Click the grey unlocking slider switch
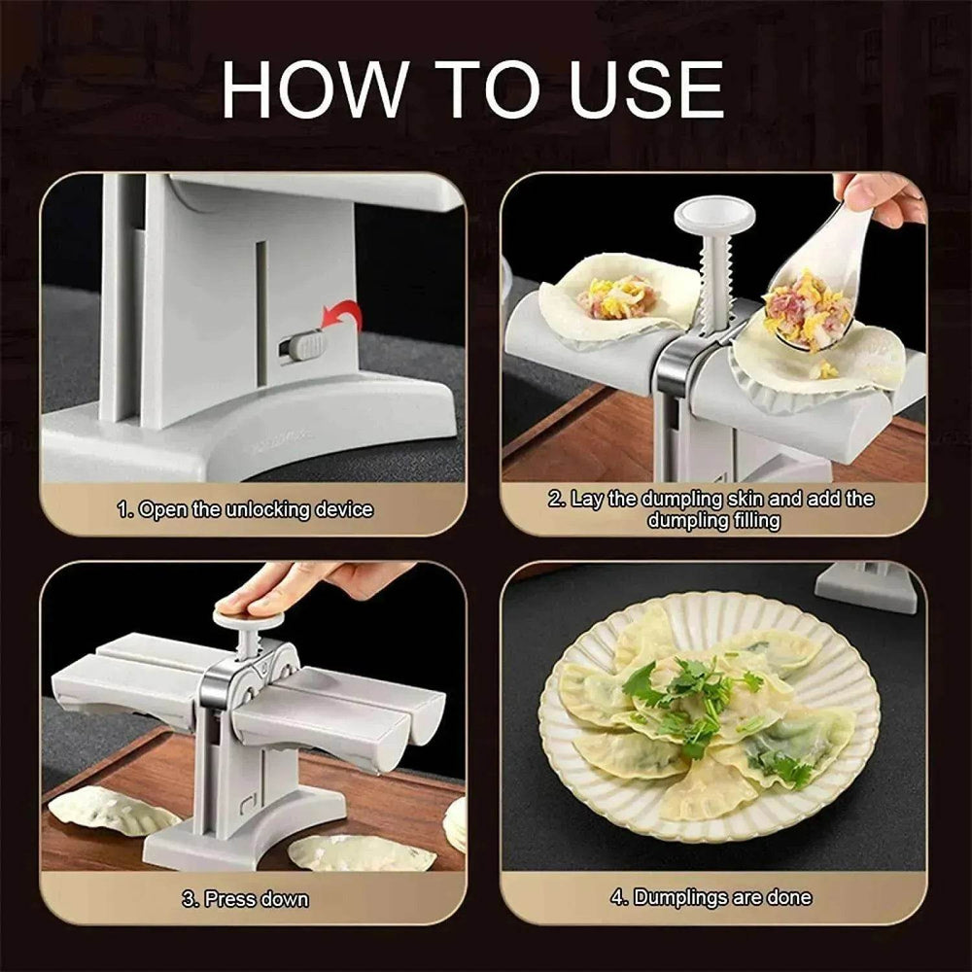303,345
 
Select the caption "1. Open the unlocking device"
245,509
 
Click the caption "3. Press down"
245,899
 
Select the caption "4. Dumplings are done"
712,897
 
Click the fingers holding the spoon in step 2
880,194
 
